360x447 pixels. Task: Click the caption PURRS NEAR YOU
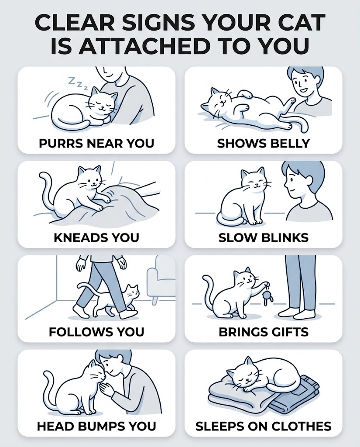click(x=96, y=143)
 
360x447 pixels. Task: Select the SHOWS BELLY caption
click(x=263, y=143)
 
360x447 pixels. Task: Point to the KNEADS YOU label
click(x=96, y=237)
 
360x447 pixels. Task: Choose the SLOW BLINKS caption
click(x=264, y=237)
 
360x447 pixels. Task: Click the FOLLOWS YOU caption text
click(x=96, y=332)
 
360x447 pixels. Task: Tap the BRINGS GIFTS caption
click(x=264, y=332)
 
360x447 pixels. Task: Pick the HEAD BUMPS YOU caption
click(x=96, y=426)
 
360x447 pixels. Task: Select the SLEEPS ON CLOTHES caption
click(x=264, y=426)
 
